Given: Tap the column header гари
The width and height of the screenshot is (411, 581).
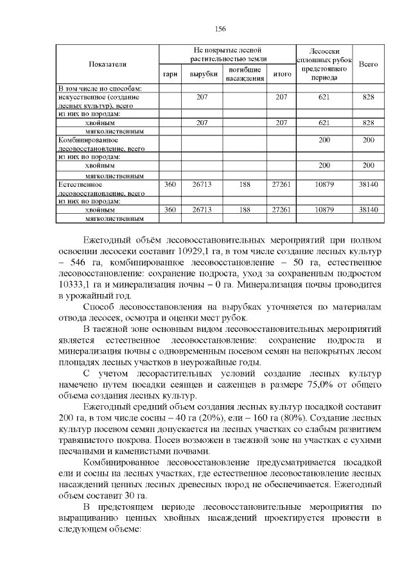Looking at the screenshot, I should pos(170,74).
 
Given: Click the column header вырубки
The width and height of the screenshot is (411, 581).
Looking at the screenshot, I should pos(202,74).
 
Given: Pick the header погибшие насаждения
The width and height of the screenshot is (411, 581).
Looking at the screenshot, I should pos(245,74).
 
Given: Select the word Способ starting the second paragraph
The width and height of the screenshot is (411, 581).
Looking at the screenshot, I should pos(99,308).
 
